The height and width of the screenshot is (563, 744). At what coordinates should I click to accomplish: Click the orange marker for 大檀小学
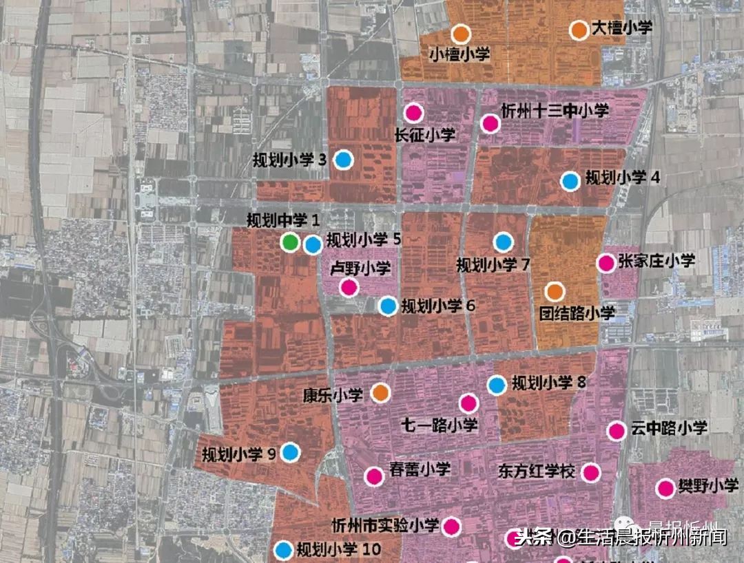tap(579, 30)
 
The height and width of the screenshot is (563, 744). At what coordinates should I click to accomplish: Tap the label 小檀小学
tap(459, 54)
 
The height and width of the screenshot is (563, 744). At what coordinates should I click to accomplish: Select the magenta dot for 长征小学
tap(413, 112)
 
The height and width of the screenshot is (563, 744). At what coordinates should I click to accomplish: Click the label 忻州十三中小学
tap(555, 110)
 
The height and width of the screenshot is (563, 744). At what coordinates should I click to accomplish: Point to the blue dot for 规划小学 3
tap(343, 160)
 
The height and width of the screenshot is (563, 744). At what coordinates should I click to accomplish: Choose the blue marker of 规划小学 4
tap(569, 181)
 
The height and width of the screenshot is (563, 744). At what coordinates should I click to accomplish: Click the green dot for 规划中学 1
tap(291, 242)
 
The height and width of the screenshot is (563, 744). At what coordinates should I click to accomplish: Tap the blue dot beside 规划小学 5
tap(313, 244)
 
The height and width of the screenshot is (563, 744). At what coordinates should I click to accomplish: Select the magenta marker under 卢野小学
tap(349, 288)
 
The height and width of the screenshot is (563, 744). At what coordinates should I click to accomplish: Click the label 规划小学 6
tap(439, 306)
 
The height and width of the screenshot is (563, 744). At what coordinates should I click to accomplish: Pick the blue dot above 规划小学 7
tap(504, 242)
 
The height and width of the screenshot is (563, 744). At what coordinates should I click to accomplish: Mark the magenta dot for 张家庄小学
tap(606, 263)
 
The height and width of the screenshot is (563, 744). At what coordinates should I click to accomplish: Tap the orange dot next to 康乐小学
tap(380, 393)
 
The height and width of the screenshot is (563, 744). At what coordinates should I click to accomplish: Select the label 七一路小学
tap(439, 425)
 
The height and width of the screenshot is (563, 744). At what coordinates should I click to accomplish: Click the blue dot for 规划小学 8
tap(496, 385)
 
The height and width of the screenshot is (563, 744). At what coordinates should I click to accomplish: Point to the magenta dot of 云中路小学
tap(616, 431)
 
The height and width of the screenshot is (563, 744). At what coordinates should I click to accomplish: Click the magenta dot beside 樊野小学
tap(665, 489)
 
